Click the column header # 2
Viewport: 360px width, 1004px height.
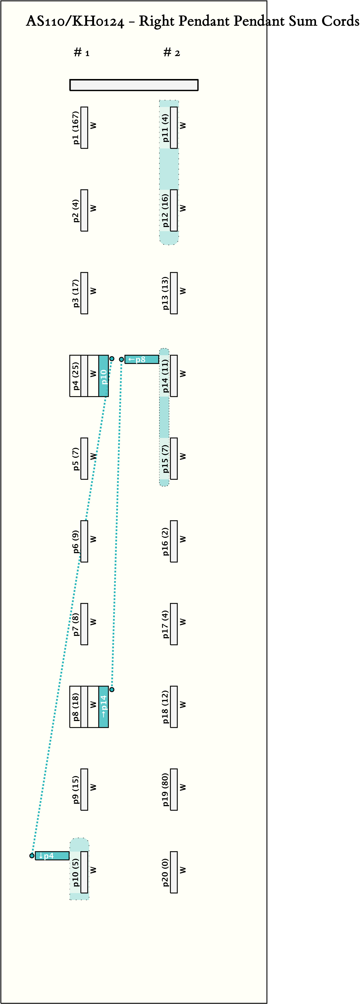[171, 53]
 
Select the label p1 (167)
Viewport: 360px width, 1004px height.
[76, 128]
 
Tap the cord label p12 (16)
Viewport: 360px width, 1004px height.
[165, 211]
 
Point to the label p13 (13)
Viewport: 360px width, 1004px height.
[165, 293]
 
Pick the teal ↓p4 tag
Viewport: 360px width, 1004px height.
[52, 856]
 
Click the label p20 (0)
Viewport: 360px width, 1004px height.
[165, 872]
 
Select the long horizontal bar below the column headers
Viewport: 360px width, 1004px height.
[134, 85]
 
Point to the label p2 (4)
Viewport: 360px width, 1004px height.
[76, 211]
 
